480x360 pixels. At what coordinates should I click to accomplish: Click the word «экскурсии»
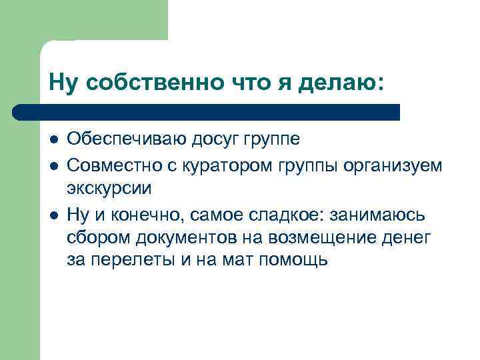[x=109, y=188]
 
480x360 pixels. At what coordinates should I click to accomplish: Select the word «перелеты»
[x=133, y=261]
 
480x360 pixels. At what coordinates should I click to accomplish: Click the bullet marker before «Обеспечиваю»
[x=54, y=140]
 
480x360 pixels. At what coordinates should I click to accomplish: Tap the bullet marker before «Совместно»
[x=54, y=165]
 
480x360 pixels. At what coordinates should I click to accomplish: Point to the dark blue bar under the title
[x=207, y=111]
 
